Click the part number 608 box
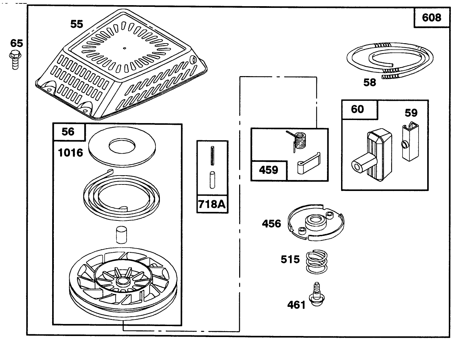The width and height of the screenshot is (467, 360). click(431, 17)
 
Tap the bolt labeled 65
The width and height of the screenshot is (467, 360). click(15, 60)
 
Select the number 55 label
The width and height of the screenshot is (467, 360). click(77, 24)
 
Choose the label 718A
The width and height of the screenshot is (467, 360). click(212, 204)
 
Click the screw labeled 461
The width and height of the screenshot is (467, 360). click(316, 295)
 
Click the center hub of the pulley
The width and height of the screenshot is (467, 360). click(121, 281)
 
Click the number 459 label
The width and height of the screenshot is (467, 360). click(269, 170)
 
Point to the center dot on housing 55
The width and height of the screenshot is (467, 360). click(125, 48)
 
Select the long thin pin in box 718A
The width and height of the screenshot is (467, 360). click(212, 156)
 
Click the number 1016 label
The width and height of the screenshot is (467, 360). click(70, 153)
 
